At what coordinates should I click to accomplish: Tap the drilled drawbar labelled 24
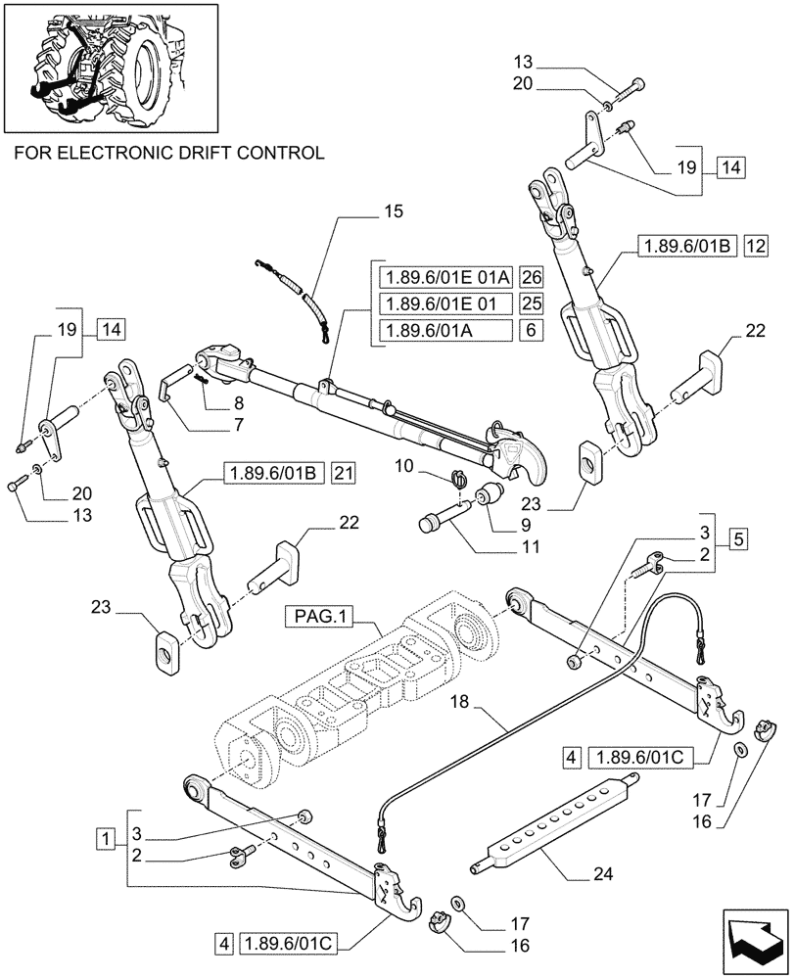(553, 811)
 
